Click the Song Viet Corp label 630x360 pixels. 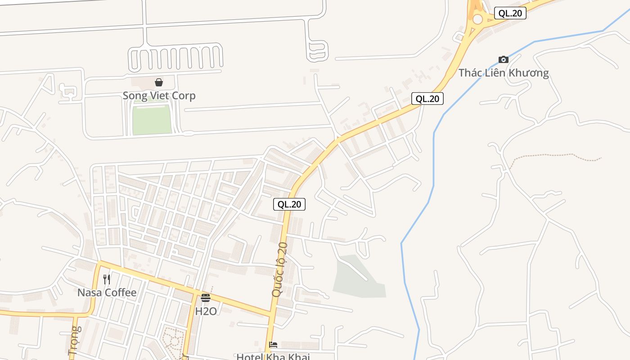(159, 96)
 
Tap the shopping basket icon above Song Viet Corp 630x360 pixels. (159, 82)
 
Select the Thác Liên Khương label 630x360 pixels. (504, 73)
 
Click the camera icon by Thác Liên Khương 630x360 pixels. (504, 59)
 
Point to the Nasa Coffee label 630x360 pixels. (107, 292)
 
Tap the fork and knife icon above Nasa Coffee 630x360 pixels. (107, 279)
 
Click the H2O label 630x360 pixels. (206, 311)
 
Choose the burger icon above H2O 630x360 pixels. (206, 297)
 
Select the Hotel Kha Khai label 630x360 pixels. (273, 356)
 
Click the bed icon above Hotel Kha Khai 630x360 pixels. (273, 345)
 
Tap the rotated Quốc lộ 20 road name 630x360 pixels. (279, 270)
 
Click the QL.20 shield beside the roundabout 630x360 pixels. (510, 13)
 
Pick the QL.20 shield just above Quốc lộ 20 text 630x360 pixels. (289, 204)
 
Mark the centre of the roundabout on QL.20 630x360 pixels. (477, 19)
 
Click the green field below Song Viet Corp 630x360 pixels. (152, 118)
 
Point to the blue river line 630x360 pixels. (434, 157)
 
